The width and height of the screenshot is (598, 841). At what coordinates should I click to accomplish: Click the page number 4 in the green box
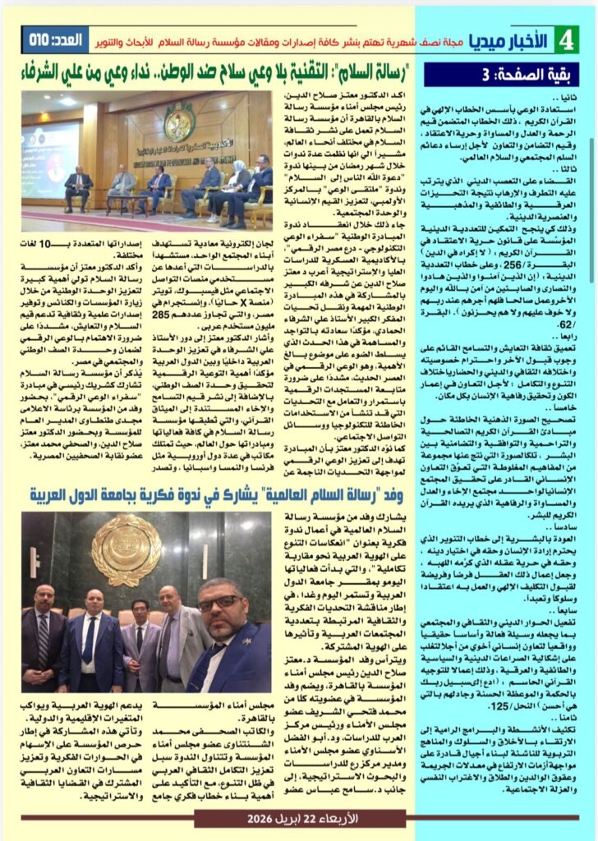coord(566,39)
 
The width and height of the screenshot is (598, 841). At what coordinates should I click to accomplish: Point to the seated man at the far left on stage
coord(78,188)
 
